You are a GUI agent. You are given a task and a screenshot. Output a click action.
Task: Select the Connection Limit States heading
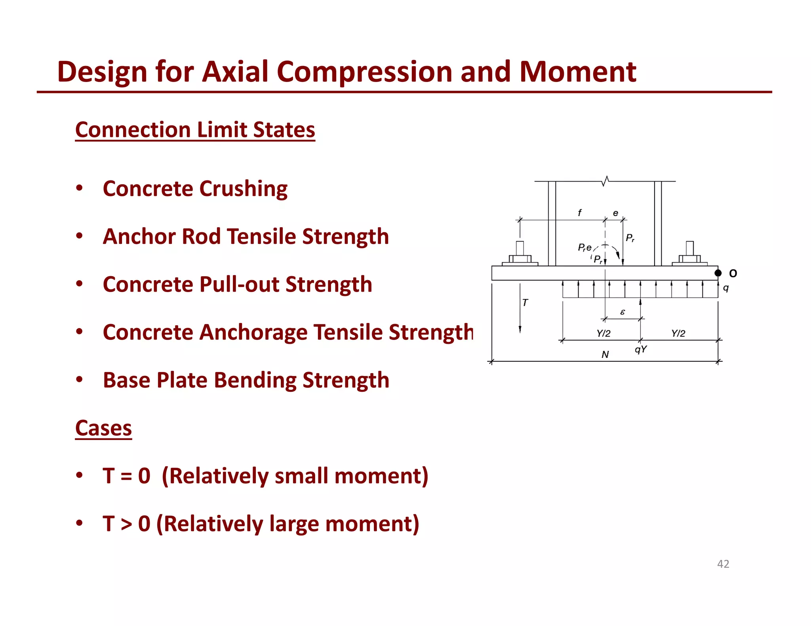pos(195,130)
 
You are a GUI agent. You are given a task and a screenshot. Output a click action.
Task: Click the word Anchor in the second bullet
pos(139,237)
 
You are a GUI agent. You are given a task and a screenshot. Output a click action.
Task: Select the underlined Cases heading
pos(103,428)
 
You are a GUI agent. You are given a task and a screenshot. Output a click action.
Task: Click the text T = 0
pos(126,476)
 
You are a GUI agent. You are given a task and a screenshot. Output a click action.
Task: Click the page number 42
pos(723,564)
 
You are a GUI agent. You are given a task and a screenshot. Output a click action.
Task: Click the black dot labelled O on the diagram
pos(718,273)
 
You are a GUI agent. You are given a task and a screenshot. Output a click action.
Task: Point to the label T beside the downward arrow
pos(525,303)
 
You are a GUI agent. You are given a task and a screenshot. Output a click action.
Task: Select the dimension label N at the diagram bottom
pos(605,355)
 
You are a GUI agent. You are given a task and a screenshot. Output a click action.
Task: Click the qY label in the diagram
pos(641,349)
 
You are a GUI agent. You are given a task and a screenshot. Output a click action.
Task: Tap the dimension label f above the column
pos(580,213)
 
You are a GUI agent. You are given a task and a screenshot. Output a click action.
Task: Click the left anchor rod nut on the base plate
pos(520,259)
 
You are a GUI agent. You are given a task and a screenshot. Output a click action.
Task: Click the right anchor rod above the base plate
pos(690,249)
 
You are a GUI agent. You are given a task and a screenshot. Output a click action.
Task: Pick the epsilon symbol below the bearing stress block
pos(623,312)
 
